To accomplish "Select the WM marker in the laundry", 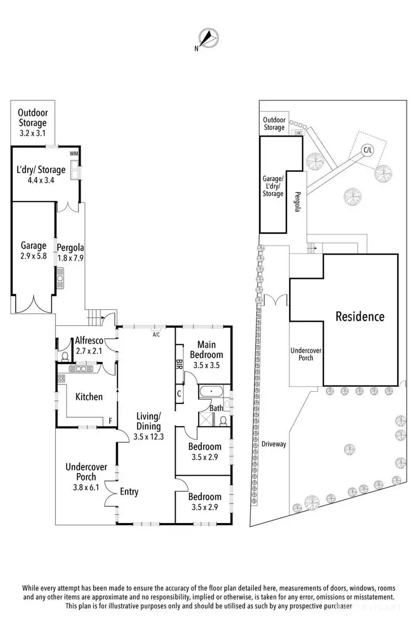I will (x=73, y=154).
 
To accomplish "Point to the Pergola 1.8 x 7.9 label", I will (x=70, y=253).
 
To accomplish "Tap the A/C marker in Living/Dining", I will (x=156, y=334).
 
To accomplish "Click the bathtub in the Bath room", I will (x=211, y=391).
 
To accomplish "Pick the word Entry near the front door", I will (x=129, y=491).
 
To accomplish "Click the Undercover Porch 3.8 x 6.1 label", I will (x=86, y=477).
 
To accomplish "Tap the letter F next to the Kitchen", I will (x=111, y=421).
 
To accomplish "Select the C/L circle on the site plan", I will (x=368, y=150).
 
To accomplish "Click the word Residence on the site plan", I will (x=359, y=317).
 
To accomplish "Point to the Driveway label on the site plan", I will (x=273, y=444).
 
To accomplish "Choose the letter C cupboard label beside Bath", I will (x=179, y=393).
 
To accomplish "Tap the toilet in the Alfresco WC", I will (x=64, y=354).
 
